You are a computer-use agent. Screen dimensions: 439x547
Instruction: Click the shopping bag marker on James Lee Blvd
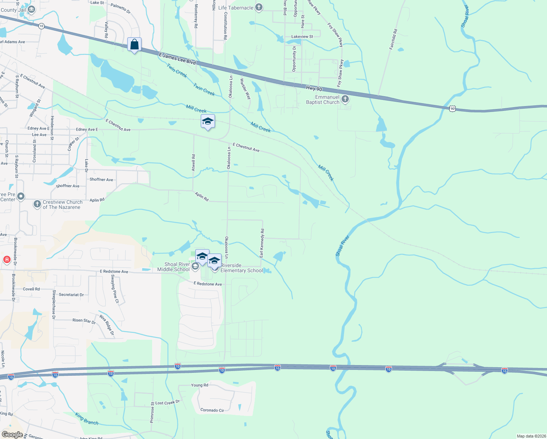134,45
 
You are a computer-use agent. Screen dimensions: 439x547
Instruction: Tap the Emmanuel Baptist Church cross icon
345,99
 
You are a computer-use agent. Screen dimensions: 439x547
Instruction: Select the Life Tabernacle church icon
259,8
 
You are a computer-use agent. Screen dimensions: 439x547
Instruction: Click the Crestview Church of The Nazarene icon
37,204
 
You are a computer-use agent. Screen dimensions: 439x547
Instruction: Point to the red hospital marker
7,260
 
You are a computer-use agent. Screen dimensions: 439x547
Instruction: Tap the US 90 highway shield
453,109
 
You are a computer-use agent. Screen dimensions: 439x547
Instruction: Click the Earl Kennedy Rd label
262,243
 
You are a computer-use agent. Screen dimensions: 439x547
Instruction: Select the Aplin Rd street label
202,196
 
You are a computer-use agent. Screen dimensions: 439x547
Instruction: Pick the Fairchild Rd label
393,40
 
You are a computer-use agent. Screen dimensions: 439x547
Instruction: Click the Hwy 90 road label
314,89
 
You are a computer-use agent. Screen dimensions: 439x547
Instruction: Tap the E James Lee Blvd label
178,59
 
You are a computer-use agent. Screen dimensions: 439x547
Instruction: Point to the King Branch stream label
87,419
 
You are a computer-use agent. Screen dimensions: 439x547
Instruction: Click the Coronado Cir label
212,410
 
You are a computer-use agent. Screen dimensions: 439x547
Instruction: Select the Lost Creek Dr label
167,402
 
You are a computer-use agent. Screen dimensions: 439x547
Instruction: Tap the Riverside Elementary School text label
241,268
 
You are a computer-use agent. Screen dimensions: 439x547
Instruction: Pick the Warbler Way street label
245,89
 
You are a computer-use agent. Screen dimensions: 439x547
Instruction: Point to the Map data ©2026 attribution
531,436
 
